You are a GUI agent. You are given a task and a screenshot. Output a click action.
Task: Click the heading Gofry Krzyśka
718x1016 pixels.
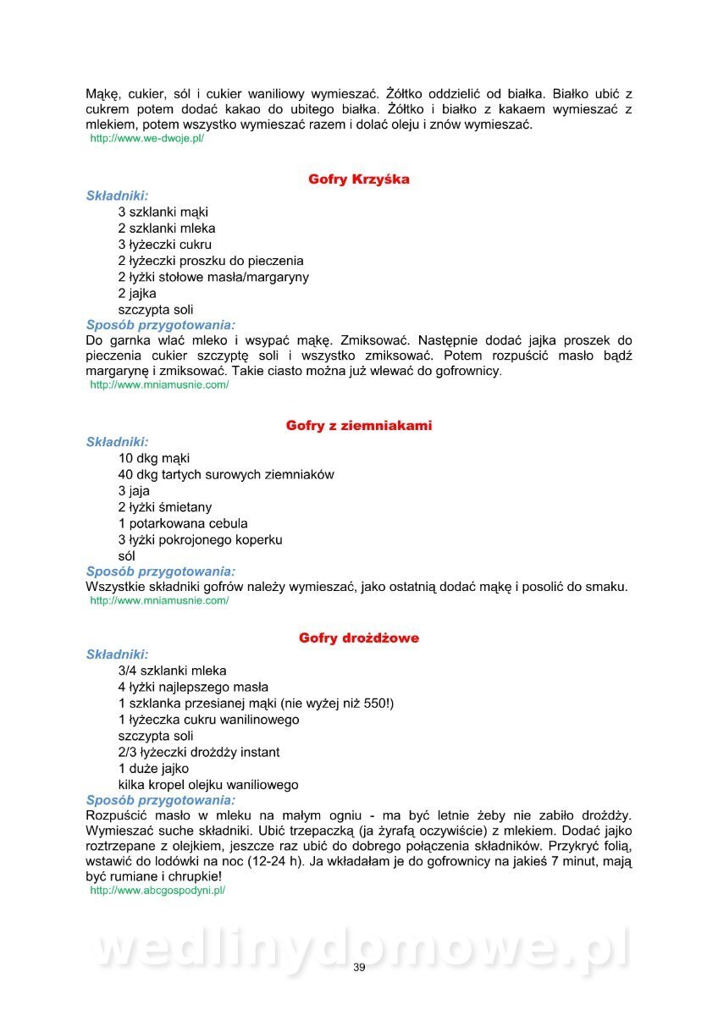tap(359, 179)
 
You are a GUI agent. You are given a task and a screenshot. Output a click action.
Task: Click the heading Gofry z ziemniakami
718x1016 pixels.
tap(359, 426)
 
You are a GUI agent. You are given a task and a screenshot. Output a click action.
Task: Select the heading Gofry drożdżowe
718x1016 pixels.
tap(359, 638)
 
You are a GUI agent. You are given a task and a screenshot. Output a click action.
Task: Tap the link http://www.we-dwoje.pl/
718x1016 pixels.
tap(147, 138)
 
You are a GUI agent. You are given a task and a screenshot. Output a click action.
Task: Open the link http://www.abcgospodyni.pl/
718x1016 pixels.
tap(157, 891)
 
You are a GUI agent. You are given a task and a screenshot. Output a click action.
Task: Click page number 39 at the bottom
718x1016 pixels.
tap(359, 969)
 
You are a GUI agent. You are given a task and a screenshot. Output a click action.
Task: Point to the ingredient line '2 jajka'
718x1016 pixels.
tap(137, 293)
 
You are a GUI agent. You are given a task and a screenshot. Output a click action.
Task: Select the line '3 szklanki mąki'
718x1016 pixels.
tap(163, 212)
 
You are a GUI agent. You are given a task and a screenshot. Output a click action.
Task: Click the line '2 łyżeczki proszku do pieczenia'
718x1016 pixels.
tap(211, 261)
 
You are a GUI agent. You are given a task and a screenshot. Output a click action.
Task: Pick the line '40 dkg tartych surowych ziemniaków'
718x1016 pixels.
tap(226, 474)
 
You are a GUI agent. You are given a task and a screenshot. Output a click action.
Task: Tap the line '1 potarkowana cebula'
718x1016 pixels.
tap(183, 523)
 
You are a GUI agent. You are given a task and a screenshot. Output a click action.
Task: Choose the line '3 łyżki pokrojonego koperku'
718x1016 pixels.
tap(200, 539)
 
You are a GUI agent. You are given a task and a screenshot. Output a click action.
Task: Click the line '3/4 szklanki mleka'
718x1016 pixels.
tap(172, 671)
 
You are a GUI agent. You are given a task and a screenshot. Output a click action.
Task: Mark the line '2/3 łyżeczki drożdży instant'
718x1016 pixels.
tap(199, 752)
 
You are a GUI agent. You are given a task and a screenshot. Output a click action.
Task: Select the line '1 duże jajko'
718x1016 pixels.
tap(153, 769)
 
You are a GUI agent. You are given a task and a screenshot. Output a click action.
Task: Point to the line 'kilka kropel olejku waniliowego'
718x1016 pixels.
tap(208, 785)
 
